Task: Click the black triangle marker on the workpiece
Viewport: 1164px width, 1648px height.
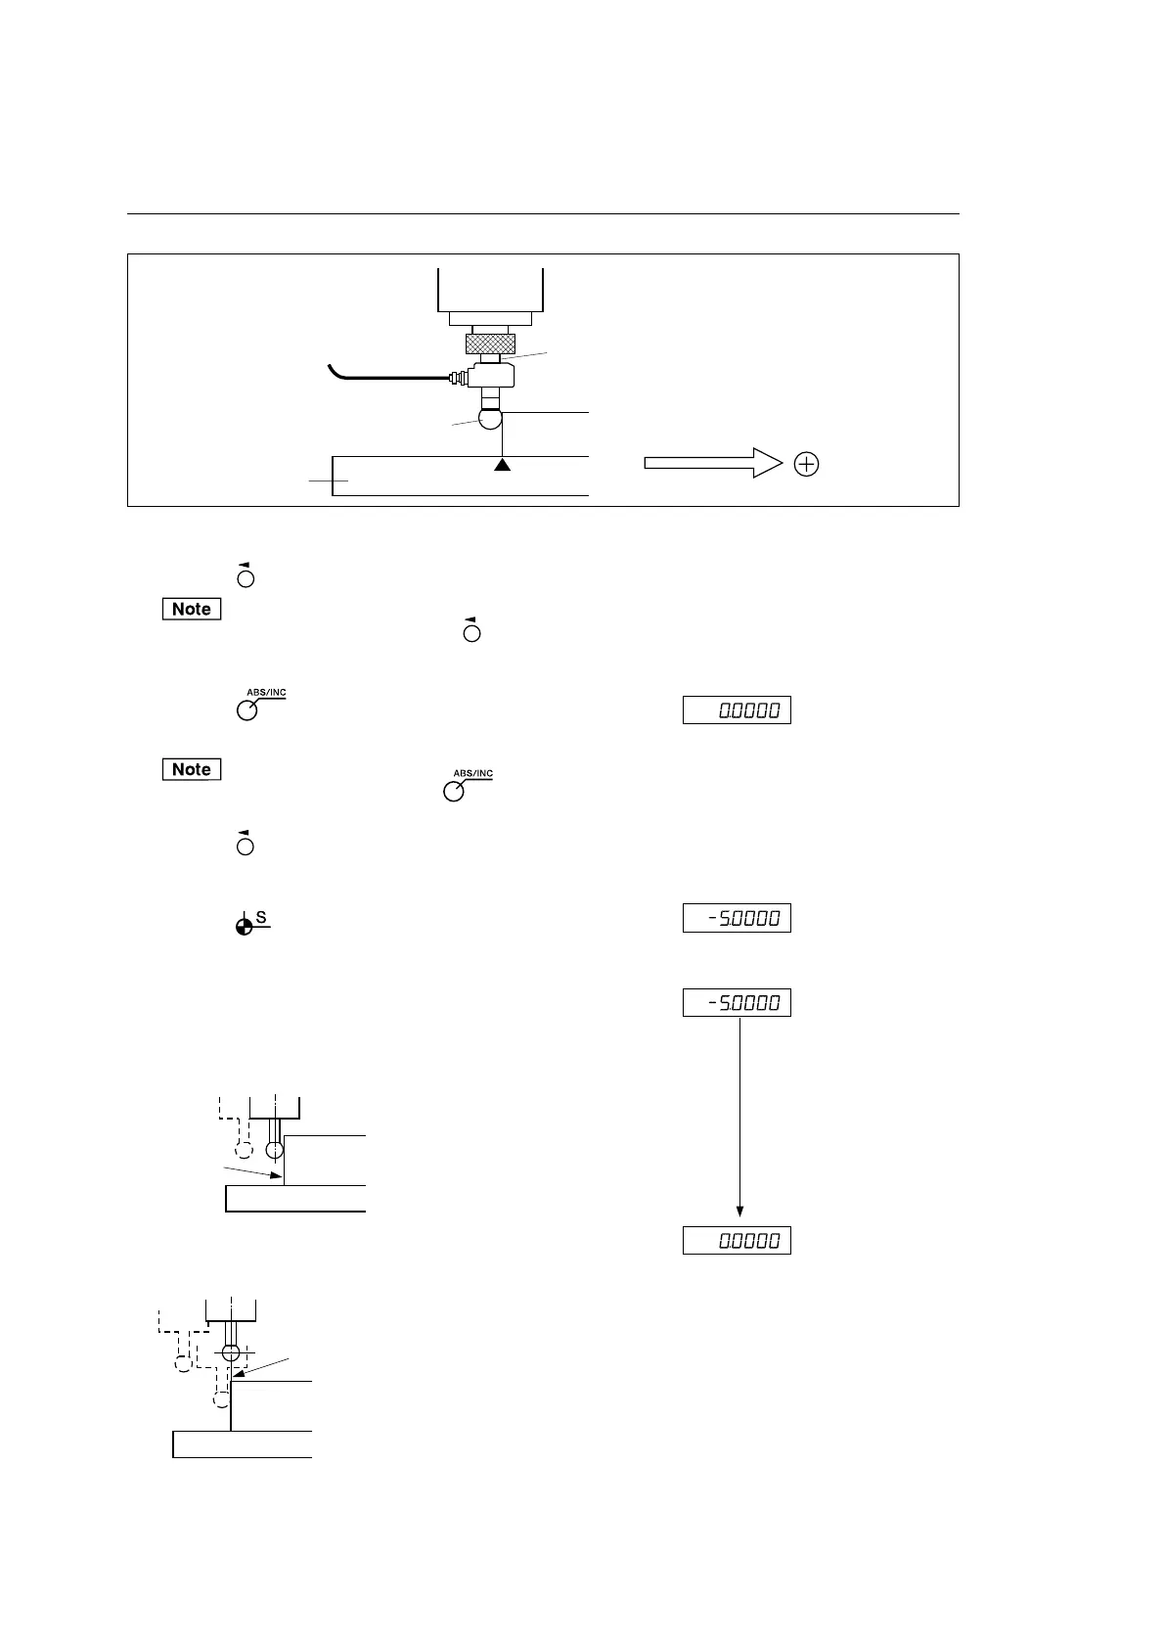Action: pyautogui.click(x=502, y=465)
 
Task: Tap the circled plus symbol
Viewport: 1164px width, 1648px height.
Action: pyautogui.click(x=806, y=465)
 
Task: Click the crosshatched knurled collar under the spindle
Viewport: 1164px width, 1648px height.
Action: pyautogui.click(x=490, y=343)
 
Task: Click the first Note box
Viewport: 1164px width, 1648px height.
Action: pyautogui.click(x=192, y=609)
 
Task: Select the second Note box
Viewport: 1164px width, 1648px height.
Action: pyautogui.click(x=192, y=769)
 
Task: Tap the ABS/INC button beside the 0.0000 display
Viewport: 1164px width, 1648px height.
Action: pyautogui.click(x=247, y=710)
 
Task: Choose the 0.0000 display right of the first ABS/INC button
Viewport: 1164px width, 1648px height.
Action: pyautogui.click(x=737, y=710)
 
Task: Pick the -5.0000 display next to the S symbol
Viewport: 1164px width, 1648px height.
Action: pyautogui.click(x=737, y=918)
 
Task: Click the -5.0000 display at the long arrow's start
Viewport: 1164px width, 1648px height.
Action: pyautogui.click(x=737, y=1002)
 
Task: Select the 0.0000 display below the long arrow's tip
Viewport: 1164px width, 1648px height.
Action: pyautogui.click(x=737, y=1241)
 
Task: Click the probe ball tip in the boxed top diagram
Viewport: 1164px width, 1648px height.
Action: pyautogui.click(x=490, y=418)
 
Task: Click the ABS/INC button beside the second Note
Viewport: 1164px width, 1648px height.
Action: pyautogui.click(x=454, y=792)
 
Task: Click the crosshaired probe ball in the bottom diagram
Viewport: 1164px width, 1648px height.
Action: pyautogui.click(x=231, y=1352)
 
